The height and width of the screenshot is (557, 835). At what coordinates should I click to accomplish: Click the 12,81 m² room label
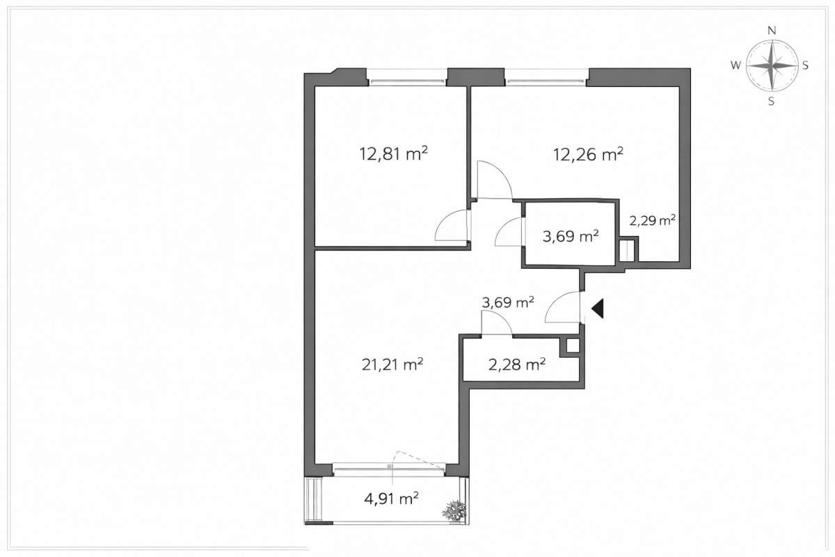coord(393,154)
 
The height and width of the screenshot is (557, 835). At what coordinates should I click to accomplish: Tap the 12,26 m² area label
coord(588,155)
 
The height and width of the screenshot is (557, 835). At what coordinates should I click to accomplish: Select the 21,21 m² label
coord(392,364)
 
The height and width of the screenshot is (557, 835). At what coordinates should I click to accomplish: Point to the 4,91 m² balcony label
coord(391,499)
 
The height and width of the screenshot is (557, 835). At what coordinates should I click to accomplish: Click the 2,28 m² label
coord(517,365)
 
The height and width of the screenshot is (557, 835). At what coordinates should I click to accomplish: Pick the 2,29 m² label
coord(653,221)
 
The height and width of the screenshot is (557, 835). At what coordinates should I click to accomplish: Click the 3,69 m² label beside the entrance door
coord(508,302)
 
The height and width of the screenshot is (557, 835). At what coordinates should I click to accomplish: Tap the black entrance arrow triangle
coord(598,308)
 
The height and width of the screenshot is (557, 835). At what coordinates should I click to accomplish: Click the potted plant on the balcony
coord(454,510)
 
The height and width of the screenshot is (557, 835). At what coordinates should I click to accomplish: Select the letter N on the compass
coord(772,31)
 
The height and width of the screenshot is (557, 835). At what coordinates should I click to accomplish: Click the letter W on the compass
coord(735,65)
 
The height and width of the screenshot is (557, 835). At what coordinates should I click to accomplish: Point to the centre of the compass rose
coord(772,65)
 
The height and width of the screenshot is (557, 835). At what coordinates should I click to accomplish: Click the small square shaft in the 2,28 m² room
coord(573,346)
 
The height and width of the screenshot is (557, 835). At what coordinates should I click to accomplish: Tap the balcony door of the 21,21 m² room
coord(389,470)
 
